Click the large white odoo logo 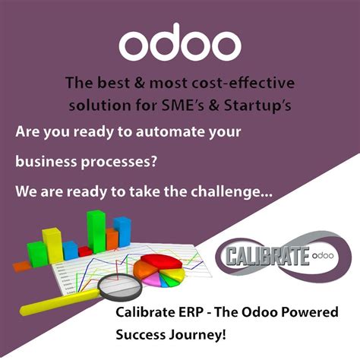tap(180, 45)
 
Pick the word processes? tap(118, 161)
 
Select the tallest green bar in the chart tap(96, 231)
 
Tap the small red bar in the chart tap(85, 251)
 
